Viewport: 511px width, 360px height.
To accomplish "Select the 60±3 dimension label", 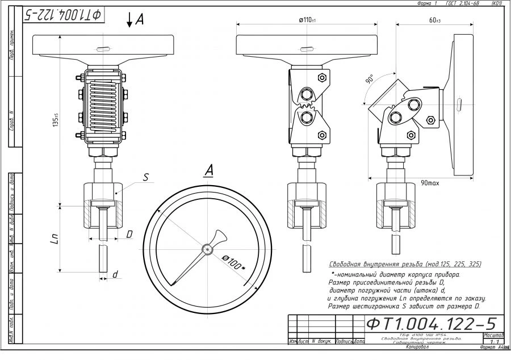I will [x=435, y=20].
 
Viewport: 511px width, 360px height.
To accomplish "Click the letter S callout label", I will [x=145, y=177].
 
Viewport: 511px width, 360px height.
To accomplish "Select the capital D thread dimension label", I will [x=129, y=234].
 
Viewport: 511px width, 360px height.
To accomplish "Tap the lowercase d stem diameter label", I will [x=115, y=274].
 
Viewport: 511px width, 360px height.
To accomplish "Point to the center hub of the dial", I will [x=208, y=249].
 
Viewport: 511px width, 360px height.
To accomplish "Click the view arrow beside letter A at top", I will [x=130, y=20].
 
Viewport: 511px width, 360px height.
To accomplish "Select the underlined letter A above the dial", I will [x=209, y=169].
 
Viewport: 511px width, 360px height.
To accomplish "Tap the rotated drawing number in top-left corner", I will [x=63, y=15].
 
